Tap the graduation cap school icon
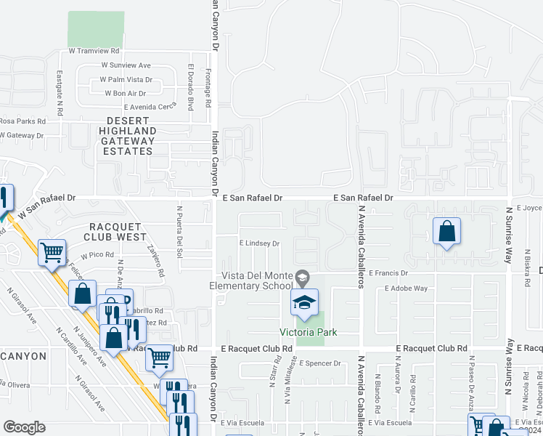[x=305, y=303]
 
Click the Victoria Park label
[x=309, y=333]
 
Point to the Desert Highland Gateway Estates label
[x=128, y=136]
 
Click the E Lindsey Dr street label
[x=259, y=243]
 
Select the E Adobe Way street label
[x=406, y=288]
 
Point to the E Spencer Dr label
[x=319, y=363]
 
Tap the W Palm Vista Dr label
[x=126, y=79]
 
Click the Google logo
[x=24, y=427]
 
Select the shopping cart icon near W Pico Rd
[x=52, y=254]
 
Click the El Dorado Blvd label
[x=190, y=86]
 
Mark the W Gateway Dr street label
[x=22, y=135]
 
